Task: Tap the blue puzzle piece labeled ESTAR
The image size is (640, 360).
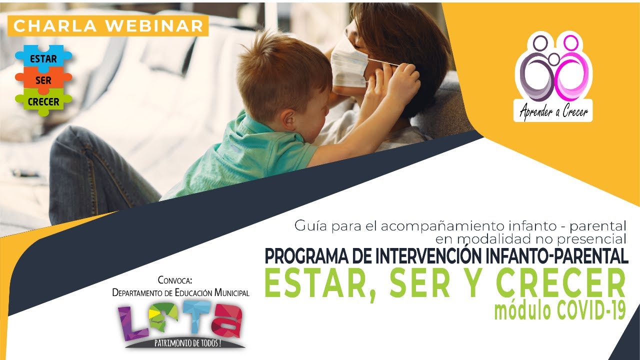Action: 43,58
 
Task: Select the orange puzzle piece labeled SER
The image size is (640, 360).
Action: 43,80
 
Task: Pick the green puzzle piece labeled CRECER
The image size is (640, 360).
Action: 43,102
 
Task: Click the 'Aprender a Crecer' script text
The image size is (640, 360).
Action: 553,112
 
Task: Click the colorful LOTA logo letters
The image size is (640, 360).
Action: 181,320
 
